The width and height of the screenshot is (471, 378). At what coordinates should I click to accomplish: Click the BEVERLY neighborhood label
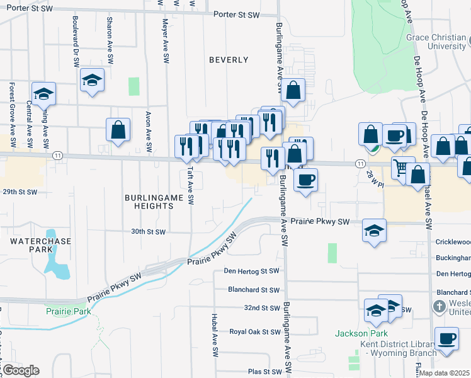(229, 60)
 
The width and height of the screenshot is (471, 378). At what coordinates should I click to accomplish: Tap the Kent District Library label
(398, 348)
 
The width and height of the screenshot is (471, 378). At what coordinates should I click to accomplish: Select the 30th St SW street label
(148, 232)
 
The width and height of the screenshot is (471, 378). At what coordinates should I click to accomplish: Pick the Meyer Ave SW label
(165, 40)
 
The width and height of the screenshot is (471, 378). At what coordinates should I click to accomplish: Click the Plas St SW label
(263, 372)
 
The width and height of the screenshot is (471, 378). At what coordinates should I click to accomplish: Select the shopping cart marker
(403, 168)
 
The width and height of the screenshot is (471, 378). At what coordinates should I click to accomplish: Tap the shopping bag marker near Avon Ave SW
(118, 130)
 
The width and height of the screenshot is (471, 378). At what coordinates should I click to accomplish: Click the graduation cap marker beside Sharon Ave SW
(92, 80)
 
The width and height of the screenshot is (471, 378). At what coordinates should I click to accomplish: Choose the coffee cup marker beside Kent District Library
(447, 339)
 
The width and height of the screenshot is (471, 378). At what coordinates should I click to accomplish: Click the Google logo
(20, 370)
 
